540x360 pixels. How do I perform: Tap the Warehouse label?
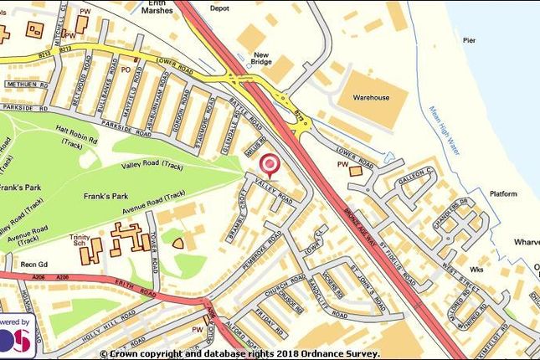(369, 98)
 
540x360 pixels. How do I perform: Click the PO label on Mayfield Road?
(126, 69)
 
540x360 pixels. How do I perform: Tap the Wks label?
(478, 270)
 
